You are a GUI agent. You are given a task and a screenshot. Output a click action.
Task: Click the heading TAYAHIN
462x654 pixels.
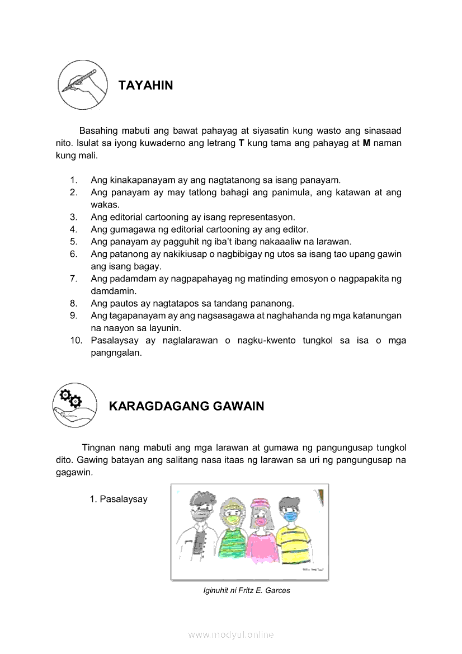click(146, 86)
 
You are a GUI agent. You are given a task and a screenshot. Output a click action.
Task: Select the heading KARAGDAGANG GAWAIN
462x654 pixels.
click(186, 406)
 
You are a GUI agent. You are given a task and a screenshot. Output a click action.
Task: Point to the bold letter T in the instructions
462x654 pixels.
click(242, 143)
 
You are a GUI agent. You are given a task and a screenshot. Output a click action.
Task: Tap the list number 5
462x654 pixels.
click(73, 242)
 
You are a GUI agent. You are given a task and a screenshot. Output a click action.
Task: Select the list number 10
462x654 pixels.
click(76, 341)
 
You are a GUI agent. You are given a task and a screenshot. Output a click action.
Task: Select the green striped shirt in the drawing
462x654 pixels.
click(231, 543)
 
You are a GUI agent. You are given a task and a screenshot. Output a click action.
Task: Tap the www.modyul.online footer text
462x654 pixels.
click(231, 634)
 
